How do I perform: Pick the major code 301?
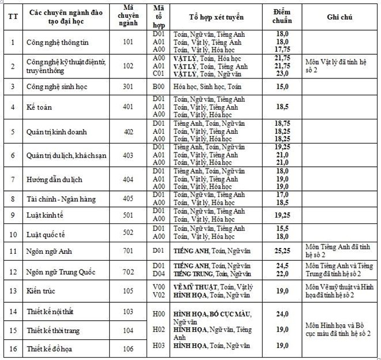point(128,86)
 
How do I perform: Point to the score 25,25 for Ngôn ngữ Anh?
point(282,251)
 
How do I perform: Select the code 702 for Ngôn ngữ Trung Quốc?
point(128,271)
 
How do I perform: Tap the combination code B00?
point(159,86)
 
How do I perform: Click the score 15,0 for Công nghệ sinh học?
point(282,86)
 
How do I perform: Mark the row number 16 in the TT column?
point(13,348)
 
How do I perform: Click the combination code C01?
point(159,74)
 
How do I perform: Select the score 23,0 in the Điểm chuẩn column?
point(282,74)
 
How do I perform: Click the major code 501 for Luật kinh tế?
point(128,215)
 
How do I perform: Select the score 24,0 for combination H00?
point(282,314)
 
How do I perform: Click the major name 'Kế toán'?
point(40,107)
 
